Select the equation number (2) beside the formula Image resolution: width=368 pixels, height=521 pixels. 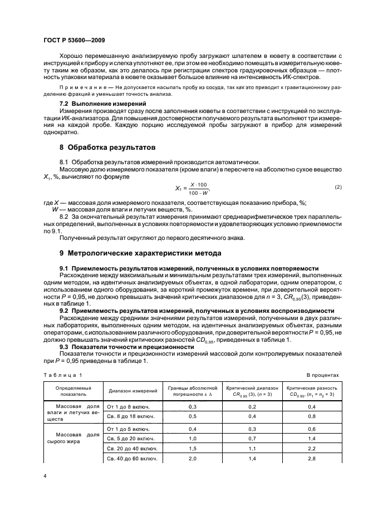tap(338, 187)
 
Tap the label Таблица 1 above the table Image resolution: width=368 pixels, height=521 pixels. tap(62, 375)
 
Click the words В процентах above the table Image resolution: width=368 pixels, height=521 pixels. tap(323, 375)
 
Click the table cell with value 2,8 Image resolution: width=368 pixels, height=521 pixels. tap(312, 458)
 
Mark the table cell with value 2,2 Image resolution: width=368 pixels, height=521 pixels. tap(312, 448)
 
